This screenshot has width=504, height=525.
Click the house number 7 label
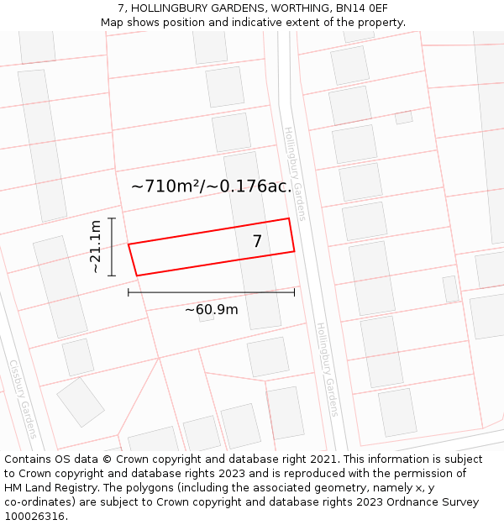coord(257,241)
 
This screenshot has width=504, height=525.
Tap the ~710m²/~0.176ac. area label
coord(212,186)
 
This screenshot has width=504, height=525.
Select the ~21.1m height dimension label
coord(96,246)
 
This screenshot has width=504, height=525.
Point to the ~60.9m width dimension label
coord(211,309)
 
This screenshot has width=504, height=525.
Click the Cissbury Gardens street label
coord(23,399)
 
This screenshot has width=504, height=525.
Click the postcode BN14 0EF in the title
coord(358,8)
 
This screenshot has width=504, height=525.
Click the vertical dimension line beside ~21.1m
coord(111,246)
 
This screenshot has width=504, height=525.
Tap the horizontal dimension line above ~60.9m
coord(211,292)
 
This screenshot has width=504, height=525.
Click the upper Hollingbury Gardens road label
coord(296,173)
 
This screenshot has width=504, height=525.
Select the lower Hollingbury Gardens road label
coord(326,370)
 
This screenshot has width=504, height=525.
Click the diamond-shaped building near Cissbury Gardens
coord(81,402)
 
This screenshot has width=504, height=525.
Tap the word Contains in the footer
coord(29,459)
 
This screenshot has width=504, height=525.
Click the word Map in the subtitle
coord(112,22)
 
